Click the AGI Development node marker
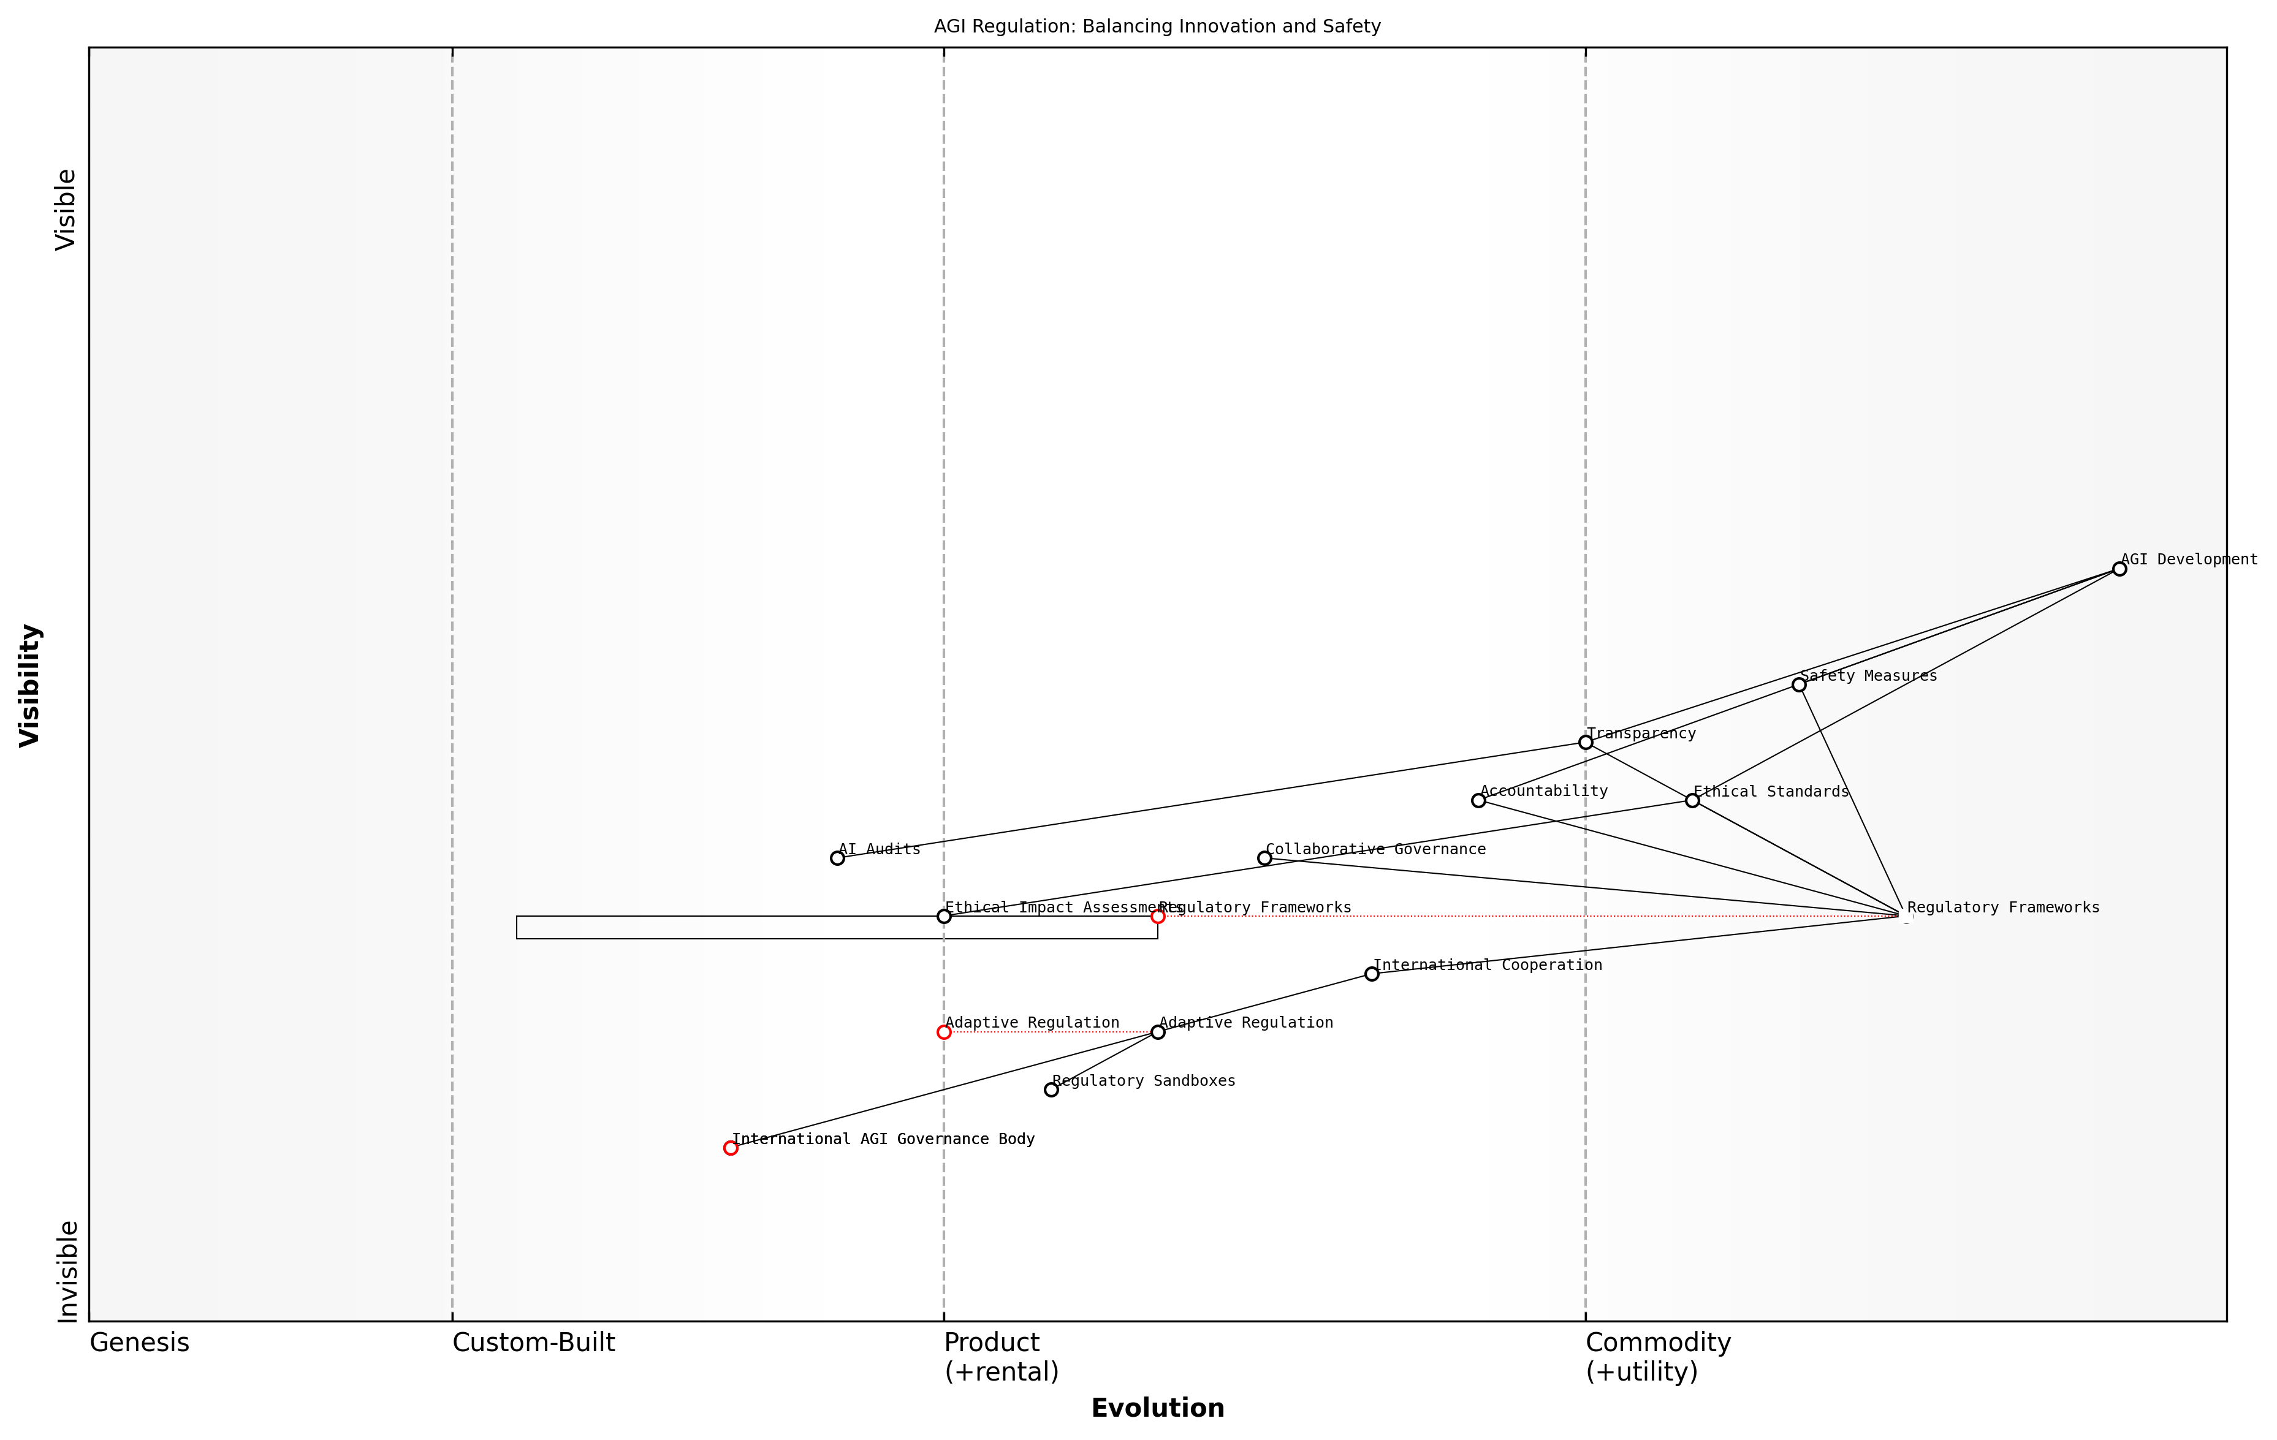pyautogui.click(x=2119, y=569)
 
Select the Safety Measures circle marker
pyautogui.click(x=1798, y=684)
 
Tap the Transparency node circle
pyautogui.click(x=1586, y=742)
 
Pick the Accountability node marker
pyautogui.click(x=1478, y=801)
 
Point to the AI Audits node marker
pyautogui.click(x=837, y=858)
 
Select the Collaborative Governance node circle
pyautogui.click(x=1264, y=858)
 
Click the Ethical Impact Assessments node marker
pyautogui.click(x=944, y=916)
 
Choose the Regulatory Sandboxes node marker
pyautogui.click(x=1051, y=1090)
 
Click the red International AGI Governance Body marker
pyautogui.click(x=730, y=1148)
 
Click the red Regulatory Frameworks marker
pyautogui.click(x=1157, y=916)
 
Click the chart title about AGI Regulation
pyautogui.click(x=1157, y=26)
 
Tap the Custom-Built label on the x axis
pyautogui.click(x=533, y=1343)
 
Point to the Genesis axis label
pyautogui.click(x=139, y=1343)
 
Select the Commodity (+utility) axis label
pyautogui.click(x=1657, y=1357)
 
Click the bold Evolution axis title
pyautogui.click(x=1157, y=1408)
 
